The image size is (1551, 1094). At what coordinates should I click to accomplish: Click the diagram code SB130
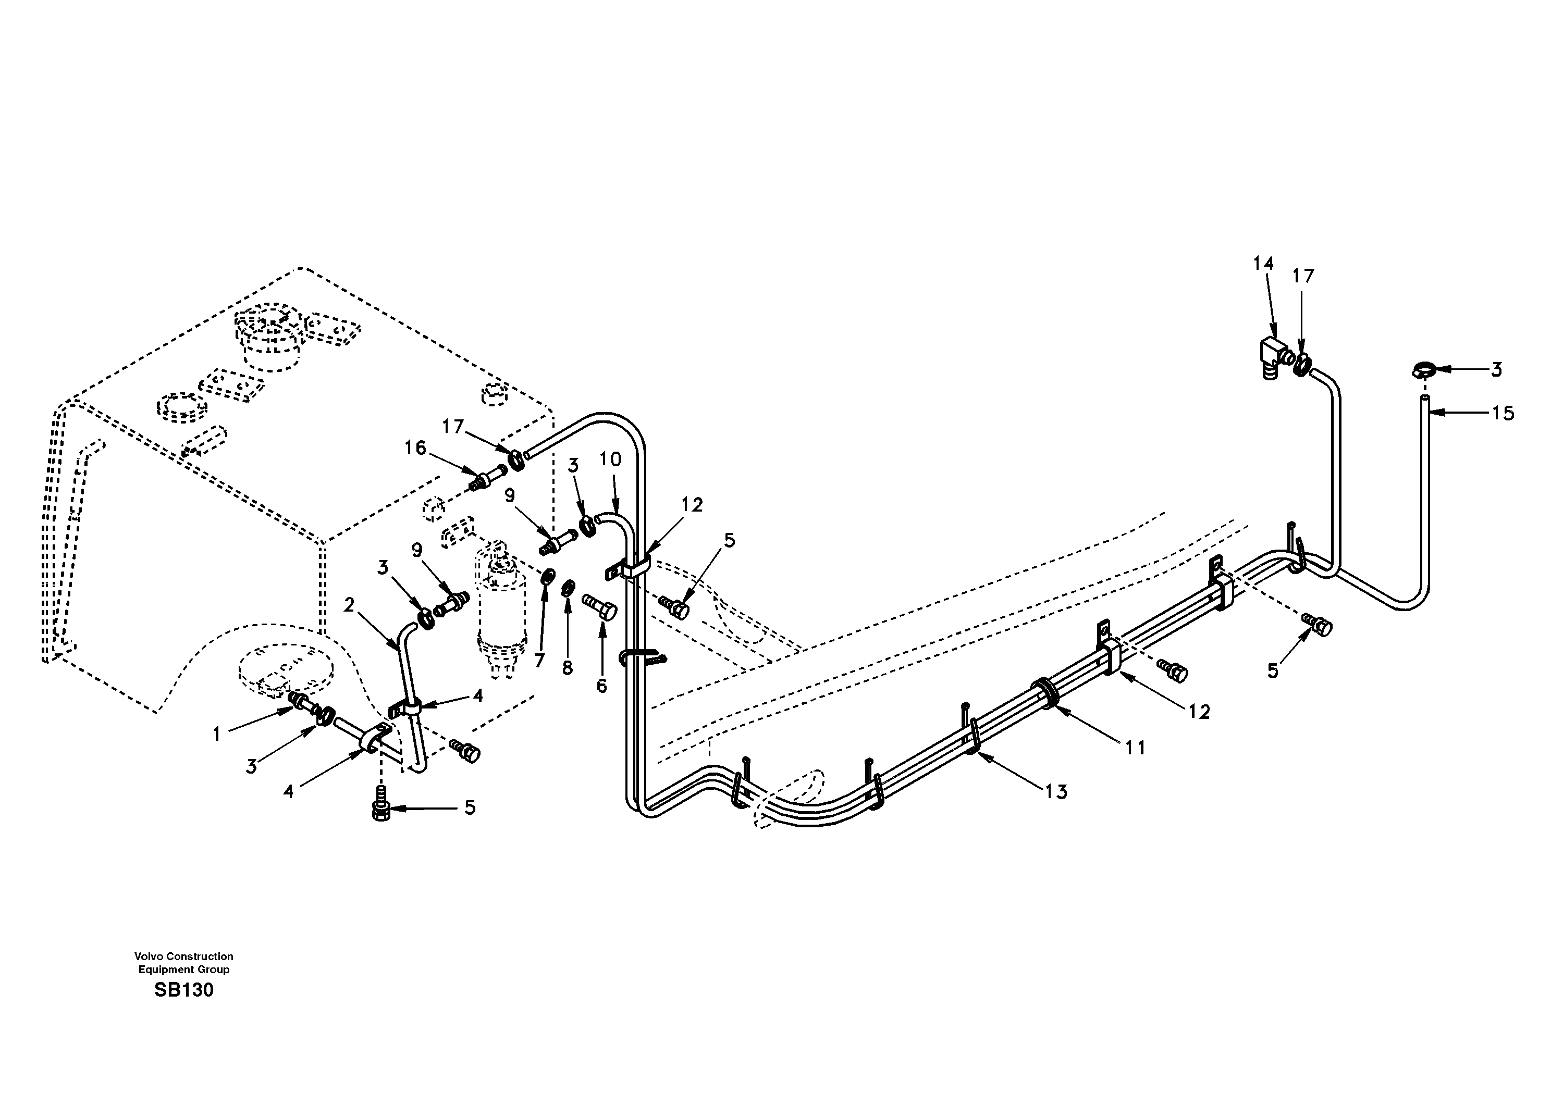pyautogui.click(x=184, y=990)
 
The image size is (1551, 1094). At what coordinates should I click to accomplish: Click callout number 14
pyautogui.click(x=1263, y=264)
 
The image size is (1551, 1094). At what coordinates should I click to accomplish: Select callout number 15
pyautogui.click(x=1503, y=413)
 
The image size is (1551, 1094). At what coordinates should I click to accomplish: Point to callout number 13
pyautogui.click(x=1056, y=792)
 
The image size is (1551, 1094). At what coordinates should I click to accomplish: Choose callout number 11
pyautogui.click(x=1135, y=748)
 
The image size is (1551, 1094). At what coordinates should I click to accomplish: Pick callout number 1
pyautogui.click(x=217, y=735)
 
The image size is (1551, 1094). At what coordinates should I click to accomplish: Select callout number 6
pyautogui.click(x=601, y=686)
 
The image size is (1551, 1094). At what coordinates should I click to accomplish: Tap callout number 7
pyautogui.click(x=539, y=661)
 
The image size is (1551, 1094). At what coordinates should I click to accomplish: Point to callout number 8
pyautogui.click(x=568, y=668)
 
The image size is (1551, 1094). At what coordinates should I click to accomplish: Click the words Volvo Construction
pyautogui.click(x=184, y=956)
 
